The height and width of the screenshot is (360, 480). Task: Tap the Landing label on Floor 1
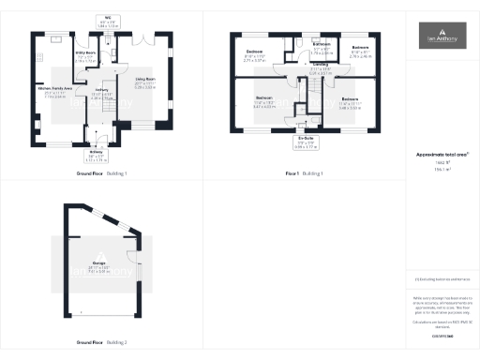coord(319,70)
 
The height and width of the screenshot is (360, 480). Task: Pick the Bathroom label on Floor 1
coord(322,47)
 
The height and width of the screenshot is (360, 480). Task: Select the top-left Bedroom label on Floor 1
coord(254,53)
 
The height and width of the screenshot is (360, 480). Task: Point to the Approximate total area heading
coord(442,156)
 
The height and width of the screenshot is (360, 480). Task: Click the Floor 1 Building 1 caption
coord(304,173)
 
